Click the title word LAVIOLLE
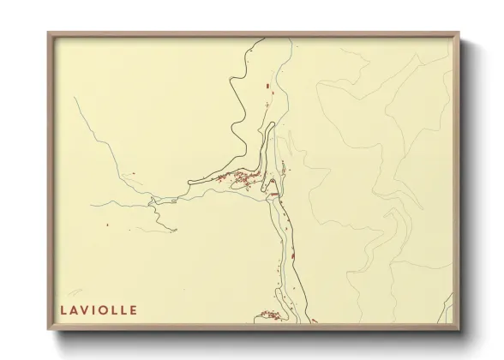(99, 309)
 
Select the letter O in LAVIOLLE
(102, 309)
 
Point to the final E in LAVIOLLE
(133, 309)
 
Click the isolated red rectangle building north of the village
(268, 86)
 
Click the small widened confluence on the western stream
(154, 201)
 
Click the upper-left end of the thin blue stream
(75, 98)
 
